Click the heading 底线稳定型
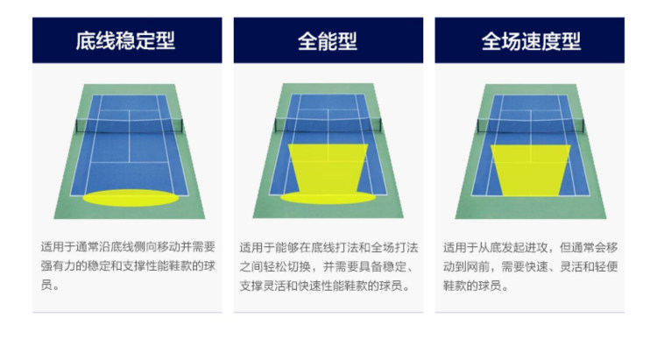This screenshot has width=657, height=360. coord(127,41)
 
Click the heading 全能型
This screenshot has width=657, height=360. coord(328,41)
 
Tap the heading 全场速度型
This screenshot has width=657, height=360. coord(530,41)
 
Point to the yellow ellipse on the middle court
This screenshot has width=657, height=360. coord(328,198)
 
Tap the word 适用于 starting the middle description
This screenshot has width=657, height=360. coord(255,246)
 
